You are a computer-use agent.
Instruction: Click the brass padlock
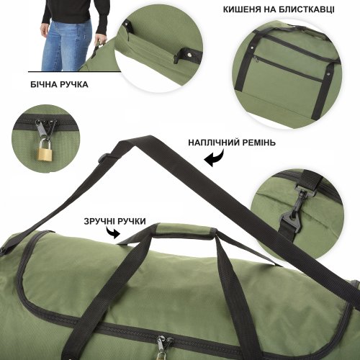point(44,151)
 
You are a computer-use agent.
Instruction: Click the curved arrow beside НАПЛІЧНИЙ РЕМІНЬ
point(213,161)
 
